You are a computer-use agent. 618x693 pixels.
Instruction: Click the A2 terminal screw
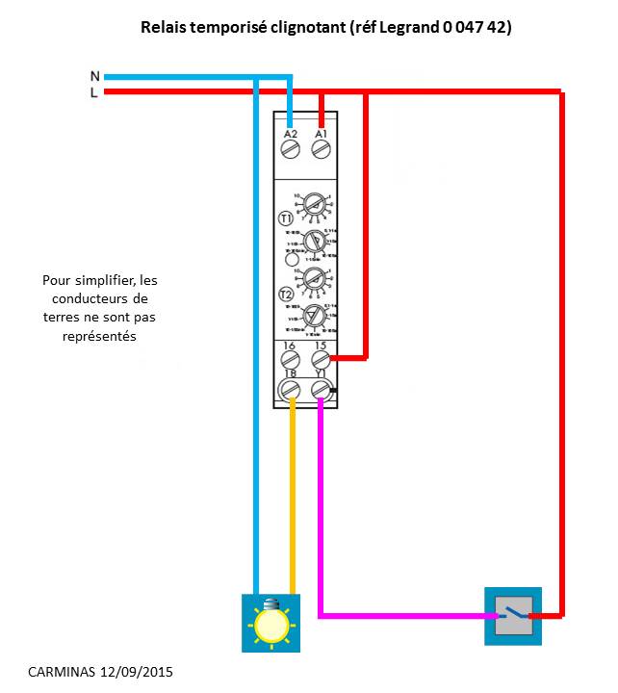[x=291, y=149]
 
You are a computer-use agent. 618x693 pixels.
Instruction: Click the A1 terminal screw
[x=322, y=149]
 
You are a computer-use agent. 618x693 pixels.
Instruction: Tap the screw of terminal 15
[x=322, y=360]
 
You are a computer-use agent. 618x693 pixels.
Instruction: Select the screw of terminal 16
[x=290, y=360]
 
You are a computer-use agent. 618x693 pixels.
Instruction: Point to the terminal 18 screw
[x=290, y=389]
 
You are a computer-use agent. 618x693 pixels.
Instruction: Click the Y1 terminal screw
[x=322, y=389]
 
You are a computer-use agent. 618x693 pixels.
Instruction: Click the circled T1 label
[x=286, y=218]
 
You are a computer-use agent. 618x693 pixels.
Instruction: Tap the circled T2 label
[x=286, y=295]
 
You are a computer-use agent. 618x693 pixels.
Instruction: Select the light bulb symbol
[x=270, y=622]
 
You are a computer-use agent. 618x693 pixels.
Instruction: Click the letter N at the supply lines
[x=94, y=76]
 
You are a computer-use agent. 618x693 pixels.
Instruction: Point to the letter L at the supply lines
[x=94, y=92]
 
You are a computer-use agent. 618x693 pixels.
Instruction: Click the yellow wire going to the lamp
[x=291, y=500]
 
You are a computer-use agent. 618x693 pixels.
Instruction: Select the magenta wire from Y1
[x=322, y=500]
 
